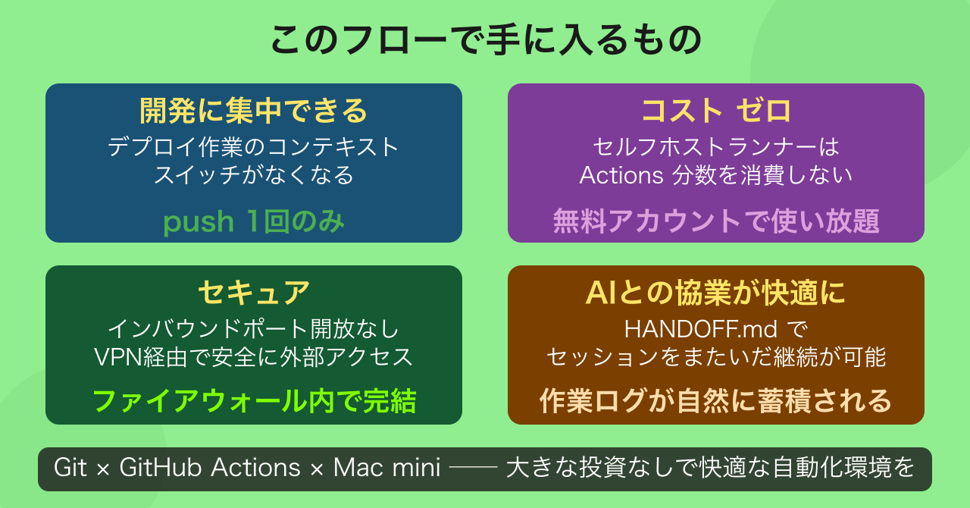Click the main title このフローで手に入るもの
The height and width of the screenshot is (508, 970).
point(485,40)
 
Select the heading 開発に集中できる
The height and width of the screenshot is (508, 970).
point(254,111)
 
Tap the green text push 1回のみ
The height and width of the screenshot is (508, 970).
point(254,221)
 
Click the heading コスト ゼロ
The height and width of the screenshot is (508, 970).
point(716,111)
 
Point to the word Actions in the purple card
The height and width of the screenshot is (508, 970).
point(621,175)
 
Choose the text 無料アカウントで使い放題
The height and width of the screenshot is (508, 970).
point(716,221)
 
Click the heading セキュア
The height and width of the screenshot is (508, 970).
point(254,293)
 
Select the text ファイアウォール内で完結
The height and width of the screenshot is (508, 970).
point(254,401)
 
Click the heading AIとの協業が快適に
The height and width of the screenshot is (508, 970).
point(716,293)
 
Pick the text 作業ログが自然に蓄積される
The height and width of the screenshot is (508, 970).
point(716,401)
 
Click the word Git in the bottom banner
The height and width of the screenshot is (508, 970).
point(70,468)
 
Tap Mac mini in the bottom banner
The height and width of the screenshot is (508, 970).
point(386,468)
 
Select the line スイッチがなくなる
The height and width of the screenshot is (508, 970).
point(254,175)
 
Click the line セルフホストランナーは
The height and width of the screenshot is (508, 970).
point(716,146)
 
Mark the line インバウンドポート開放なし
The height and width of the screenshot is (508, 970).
point(254,330)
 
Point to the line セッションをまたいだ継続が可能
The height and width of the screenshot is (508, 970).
point(716,356)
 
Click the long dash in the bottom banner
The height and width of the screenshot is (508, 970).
point(473,469)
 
